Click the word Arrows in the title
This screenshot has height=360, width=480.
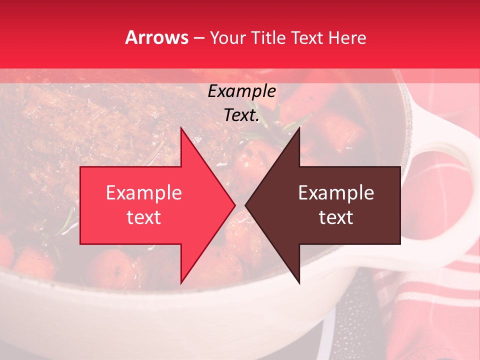157,38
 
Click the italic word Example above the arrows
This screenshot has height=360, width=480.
241,91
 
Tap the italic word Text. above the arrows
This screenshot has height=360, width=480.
241,115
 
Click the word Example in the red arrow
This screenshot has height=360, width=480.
144,193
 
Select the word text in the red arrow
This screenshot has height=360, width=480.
144,217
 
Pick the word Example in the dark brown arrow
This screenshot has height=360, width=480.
336,193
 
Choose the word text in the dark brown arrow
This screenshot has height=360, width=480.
336,217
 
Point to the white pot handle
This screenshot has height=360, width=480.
440,135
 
